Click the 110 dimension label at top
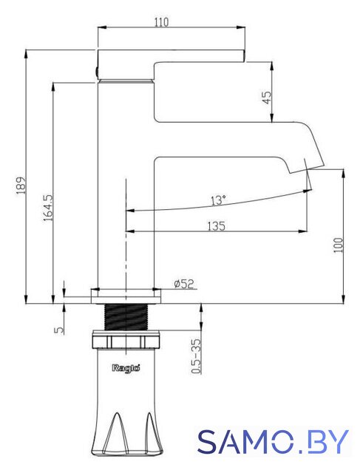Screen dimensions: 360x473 coord(162,22)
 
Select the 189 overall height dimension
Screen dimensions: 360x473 coord(21,186)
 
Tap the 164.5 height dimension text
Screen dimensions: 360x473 coord(48,208)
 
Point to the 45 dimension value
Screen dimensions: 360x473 coord(267,97)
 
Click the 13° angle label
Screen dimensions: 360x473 coord(218,200)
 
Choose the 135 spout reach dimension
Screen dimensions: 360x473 coord(216,226)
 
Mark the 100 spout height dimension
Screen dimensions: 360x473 coord(339,245)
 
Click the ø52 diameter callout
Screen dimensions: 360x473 coord(184,284)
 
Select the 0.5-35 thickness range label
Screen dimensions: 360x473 coord(196,356)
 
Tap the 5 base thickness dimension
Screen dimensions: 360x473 coord(60,330)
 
